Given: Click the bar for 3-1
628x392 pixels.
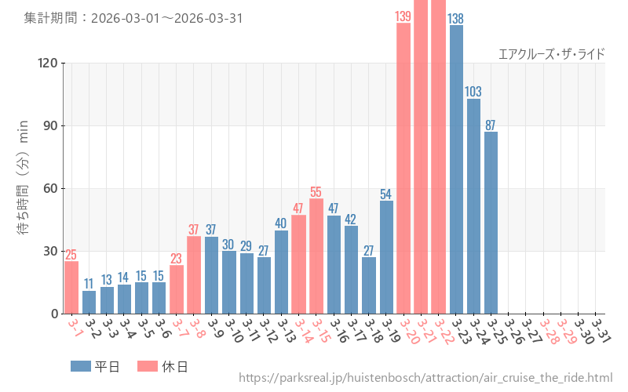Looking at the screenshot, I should click(x=71, y=287).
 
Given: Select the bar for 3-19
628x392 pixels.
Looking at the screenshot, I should click(x=386, y=257).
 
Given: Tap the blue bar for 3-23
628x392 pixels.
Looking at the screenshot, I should click(x=456, y=169).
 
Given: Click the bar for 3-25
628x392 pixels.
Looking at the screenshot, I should click(x=491, y=223).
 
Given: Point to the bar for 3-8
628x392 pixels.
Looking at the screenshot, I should click(x=194, y=274).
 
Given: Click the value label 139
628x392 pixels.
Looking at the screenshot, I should click(x=403, y=16).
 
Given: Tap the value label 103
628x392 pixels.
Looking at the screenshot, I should click(x=473, y=92).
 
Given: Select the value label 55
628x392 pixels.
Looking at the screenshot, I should click(x=316, y=192).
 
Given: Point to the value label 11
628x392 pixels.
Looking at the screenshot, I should click(x=89, y=284).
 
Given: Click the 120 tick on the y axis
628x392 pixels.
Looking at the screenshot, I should click(x=48, y=63).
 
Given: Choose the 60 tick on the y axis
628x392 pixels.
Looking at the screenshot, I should click(x=51, y=188).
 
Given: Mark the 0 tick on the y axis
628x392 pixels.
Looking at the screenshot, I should click(x=55, y=314).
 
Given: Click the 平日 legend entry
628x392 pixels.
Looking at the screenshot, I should click(x=95, y=366).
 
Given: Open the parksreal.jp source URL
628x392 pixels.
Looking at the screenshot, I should click(x=425, y=379).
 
